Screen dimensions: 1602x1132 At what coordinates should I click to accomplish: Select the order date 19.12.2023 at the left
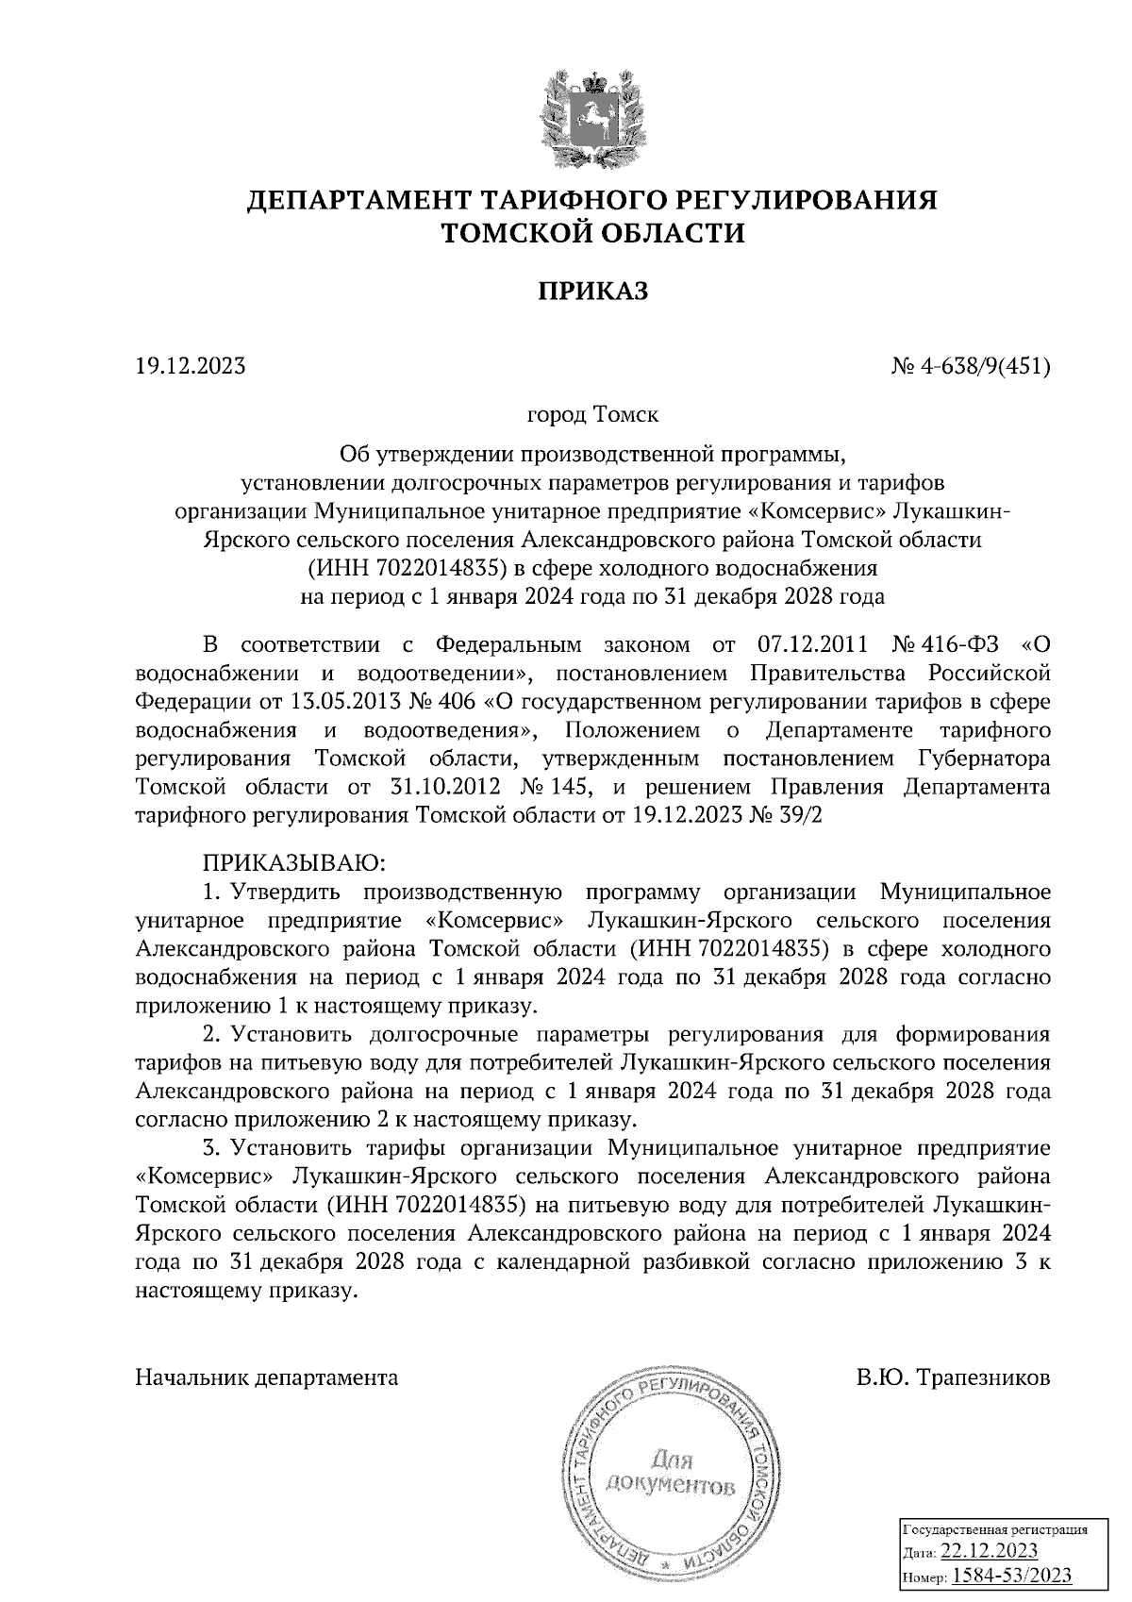[191, 364]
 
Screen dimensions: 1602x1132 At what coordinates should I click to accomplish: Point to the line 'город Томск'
[593, 413]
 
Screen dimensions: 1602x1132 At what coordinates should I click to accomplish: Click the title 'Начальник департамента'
[267, 1377]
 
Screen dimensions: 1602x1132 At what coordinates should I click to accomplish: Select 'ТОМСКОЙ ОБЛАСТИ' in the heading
[593, 232]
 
